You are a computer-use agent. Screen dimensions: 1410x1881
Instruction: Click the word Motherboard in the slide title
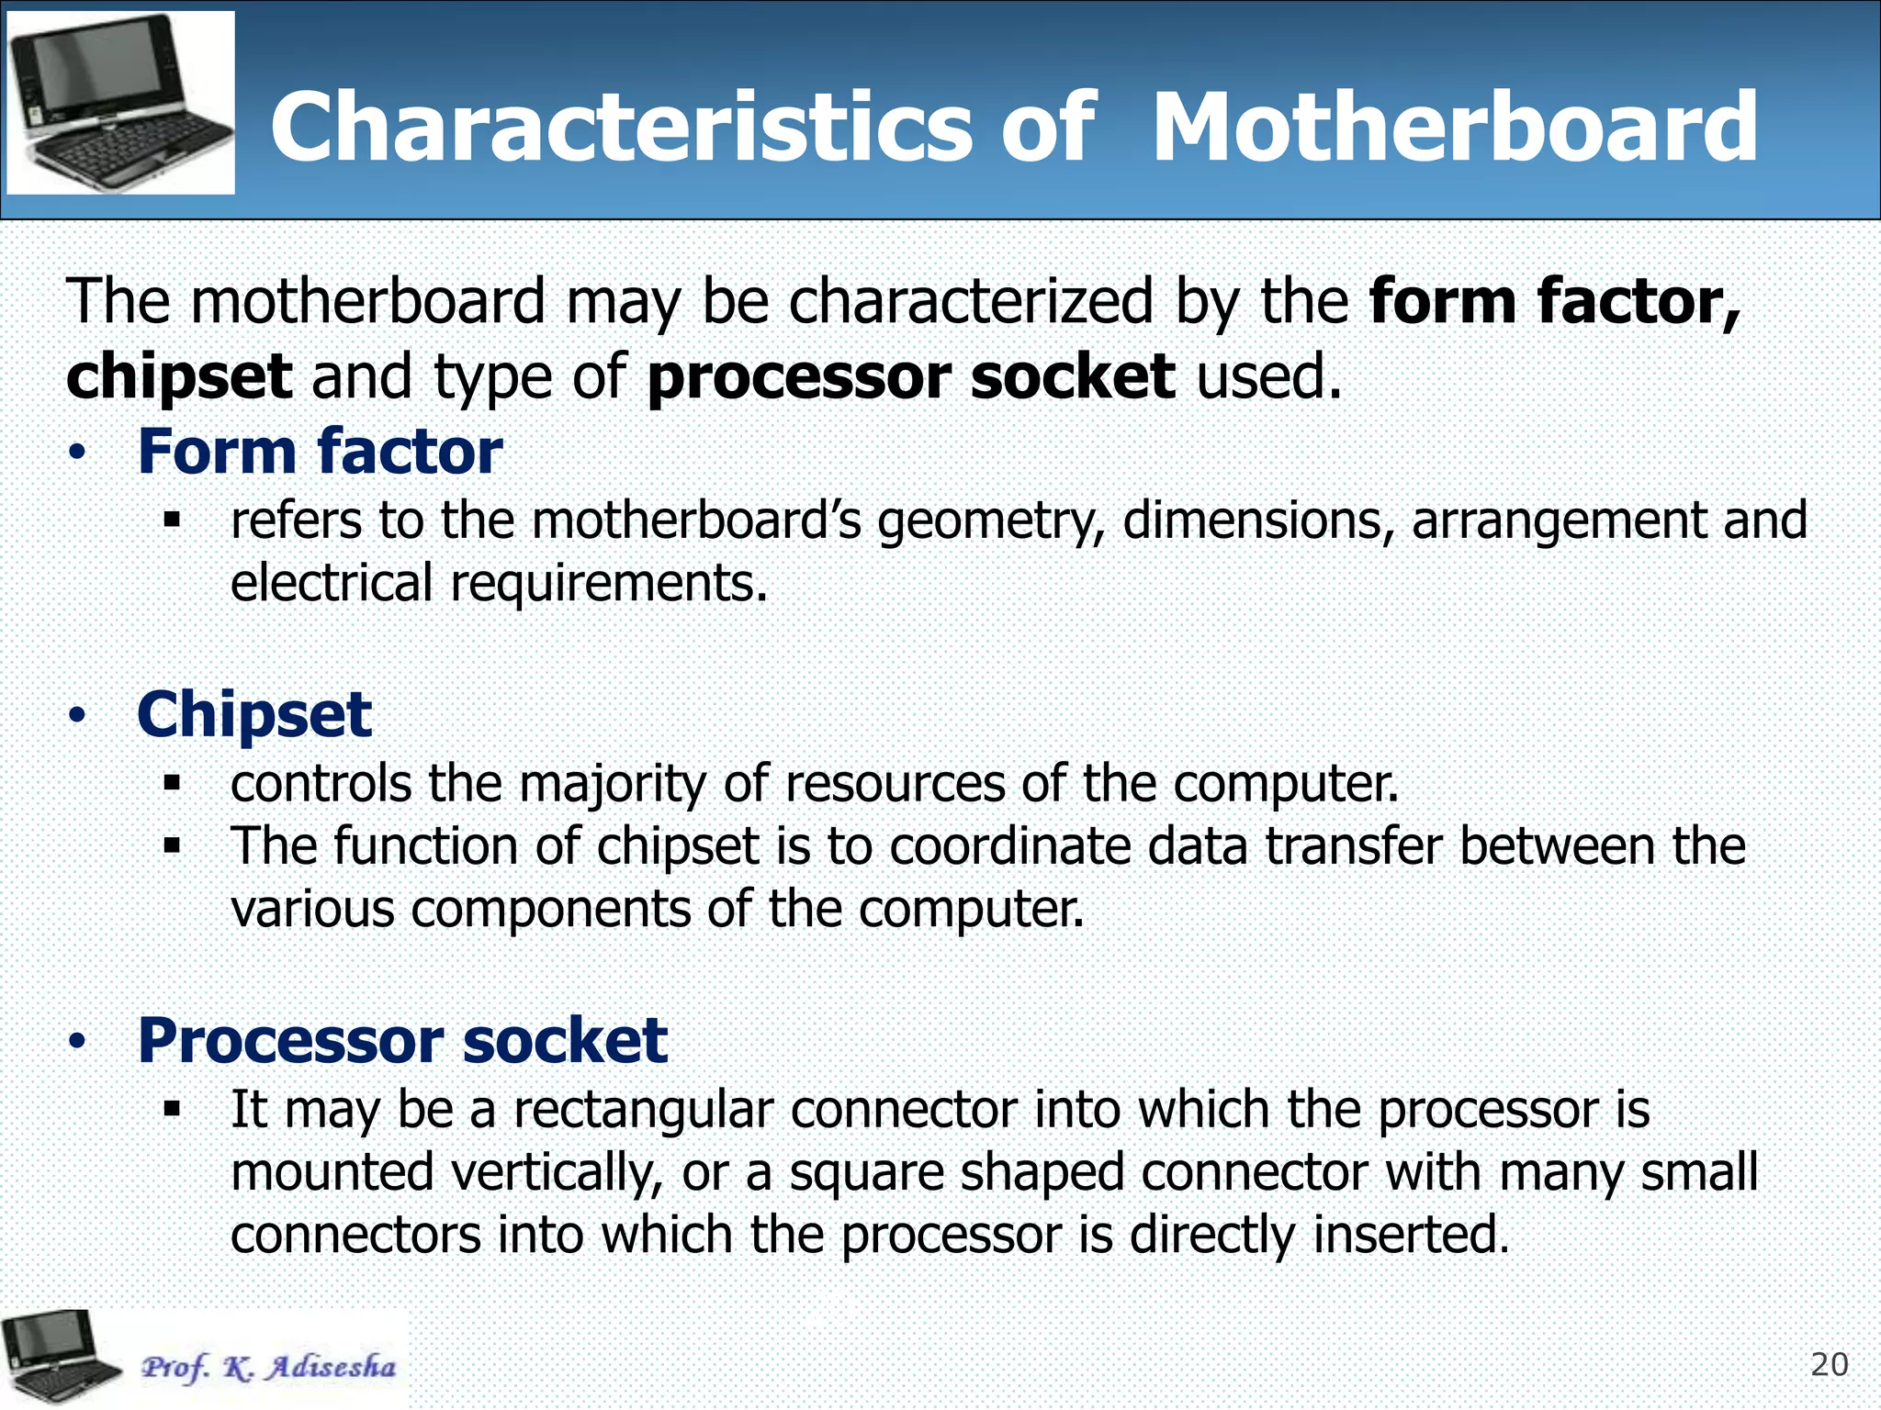[x=1454, y=128]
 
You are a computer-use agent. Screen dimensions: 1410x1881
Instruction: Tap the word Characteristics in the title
[x=620, y=128]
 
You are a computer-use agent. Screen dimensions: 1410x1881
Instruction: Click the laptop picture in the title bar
[x=120, y=102]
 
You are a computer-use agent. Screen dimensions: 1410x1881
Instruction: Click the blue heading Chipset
[x=254, y=714]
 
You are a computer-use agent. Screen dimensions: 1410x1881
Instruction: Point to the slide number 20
[x=1829, y=1365]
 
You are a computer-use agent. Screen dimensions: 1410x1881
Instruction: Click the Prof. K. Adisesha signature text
[x=268, y=1367]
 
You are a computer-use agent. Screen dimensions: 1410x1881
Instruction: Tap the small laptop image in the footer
[x=61, y=1357]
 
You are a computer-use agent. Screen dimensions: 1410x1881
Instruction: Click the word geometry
[x=990, y=521]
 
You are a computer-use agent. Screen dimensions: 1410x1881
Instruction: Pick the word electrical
[x=331, y=583]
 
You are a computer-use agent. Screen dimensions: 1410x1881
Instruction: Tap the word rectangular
[x=643, y=1111]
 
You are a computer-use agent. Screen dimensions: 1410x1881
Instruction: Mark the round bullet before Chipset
[x=78, y=715]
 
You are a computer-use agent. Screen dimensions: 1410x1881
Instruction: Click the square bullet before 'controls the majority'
[x=172, y=783]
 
